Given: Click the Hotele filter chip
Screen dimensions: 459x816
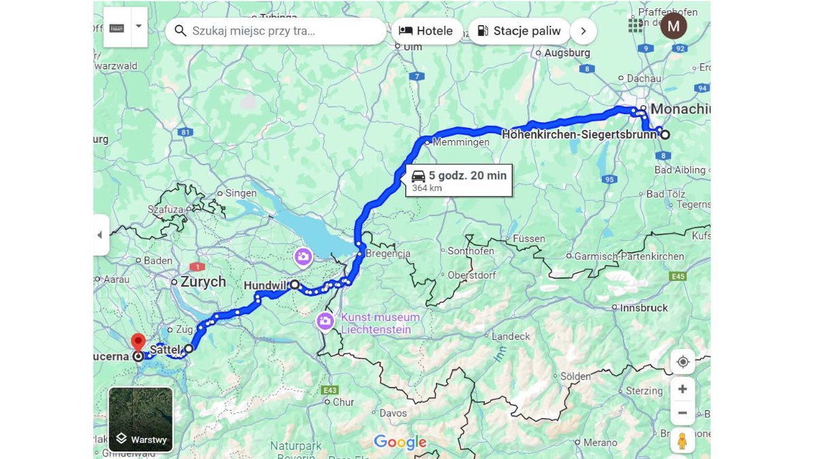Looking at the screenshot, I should (426, 31).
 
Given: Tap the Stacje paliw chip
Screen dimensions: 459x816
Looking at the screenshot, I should (519, 31).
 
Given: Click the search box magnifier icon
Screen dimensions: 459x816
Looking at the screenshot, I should (180, 31).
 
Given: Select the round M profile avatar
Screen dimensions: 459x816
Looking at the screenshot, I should (673, 26).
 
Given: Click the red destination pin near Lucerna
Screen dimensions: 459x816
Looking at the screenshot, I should (138, 342).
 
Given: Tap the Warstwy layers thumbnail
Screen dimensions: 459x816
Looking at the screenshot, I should (141, 420).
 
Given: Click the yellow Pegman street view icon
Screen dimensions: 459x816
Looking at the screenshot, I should (682, 441).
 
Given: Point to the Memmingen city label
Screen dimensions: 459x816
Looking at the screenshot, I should (460, 143).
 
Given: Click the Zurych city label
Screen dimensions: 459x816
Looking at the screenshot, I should (203, 282).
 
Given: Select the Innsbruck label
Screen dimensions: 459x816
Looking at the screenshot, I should (643, 307).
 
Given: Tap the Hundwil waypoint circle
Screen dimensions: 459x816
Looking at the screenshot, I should (294, 286).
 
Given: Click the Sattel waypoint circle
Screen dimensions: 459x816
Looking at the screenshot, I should (188, 348).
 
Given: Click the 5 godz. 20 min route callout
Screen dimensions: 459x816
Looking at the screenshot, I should (459, 180).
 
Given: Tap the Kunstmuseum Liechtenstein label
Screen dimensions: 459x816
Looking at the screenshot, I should (380, 323).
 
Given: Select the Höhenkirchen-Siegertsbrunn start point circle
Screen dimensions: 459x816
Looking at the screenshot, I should (666, 135).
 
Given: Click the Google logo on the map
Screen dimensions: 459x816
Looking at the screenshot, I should (400, 443).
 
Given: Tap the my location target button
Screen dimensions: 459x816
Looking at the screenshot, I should (682, 362).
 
